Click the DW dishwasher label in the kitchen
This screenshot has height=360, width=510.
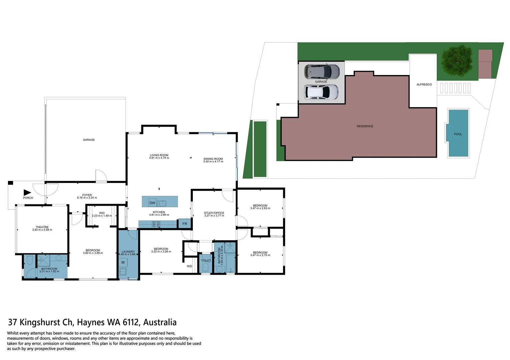[152, 203]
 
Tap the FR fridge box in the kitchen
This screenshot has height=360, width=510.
[185, 224]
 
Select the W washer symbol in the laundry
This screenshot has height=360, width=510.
[123, 262]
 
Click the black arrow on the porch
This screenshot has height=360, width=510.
[27, 192]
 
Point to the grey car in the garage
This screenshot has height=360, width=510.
[322, 71]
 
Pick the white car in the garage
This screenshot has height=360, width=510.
[321, 92]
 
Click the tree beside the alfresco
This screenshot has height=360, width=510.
[457, 61]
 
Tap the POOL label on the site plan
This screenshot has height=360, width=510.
[458, 134]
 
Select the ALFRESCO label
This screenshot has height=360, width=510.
[424, 84]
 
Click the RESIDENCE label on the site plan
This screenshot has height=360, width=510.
[365, 126]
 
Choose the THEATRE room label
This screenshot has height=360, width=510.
[42, 227]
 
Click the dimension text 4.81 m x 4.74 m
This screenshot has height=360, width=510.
[159, 158]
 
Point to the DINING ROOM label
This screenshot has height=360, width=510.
[213, 159]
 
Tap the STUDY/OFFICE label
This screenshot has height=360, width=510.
[214, 213]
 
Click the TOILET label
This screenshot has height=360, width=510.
[206, 261]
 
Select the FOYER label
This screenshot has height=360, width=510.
[87, 195]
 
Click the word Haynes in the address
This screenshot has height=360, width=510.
[91, 322]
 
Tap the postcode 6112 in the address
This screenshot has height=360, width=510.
[131, 322]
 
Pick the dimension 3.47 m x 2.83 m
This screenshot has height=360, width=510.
[260, 208]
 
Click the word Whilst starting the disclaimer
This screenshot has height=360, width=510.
[15, 333]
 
